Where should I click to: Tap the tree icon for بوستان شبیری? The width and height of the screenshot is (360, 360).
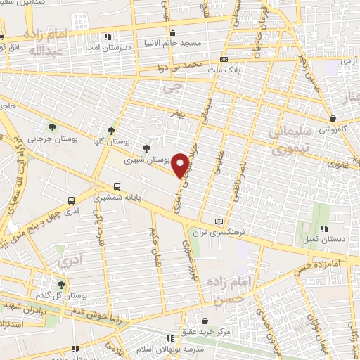coord(146,148)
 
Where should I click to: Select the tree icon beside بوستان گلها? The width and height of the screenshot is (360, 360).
coord(111,130)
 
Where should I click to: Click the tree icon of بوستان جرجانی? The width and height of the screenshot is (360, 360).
coord(52,127)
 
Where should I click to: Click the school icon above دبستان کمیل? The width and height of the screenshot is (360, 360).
coord(324,229)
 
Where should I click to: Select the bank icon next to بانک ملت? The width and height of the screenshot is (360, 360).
coord(224,60)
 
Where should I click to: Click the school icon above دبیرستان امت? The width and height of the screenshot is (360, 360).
coord(107,36)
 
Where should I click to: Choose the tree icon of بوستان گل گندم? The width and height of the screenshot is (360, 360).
coord(62,285)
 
